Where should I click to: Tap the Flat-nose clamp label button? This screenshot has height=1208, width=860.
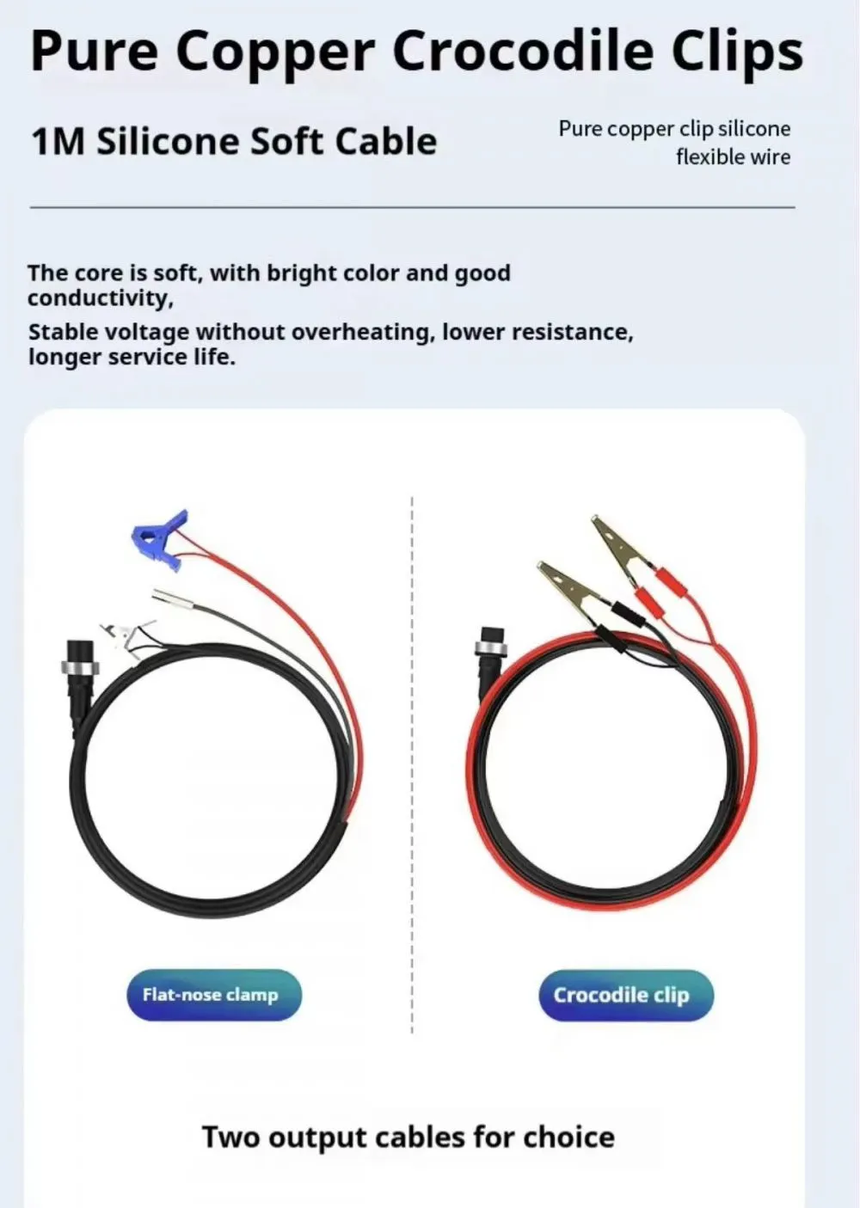coord(214,995)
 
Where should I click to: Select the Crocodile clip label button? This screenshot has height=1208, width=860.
coord(626,995)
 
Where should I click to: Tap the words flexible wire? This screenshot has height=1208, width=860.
coord(734,157)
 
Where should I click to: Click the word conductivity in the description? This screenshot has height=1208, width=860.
coord(101,298)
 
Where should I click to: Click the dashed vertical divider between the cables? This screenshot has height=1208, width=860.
coord(412,764)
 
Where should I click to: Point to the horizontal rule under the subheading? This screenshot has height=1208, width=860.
coord(413,207)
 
